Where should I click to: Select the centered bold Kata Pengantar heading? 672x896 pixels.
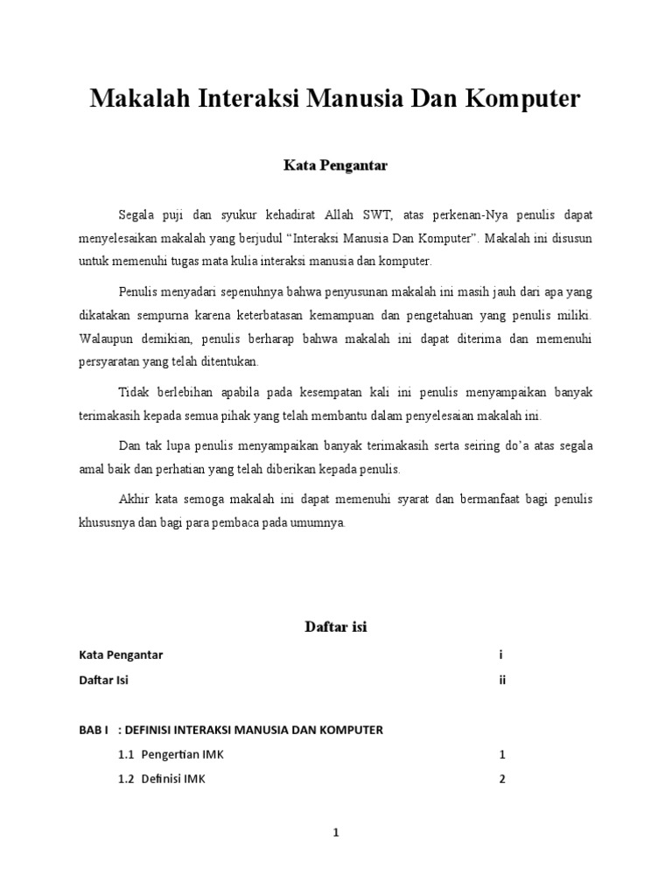[335, 164]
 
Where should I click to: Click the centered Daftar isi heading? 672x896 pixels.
[335, 626]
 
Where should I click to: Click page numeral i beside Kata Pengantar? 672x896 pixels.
[501, 654]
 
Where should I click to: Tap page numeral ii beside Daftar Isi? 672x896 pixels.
[503, 680]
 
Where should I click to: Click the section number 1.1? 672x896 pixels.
[126, 754]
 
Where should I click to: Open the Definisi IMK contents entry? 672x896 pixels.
[172, 780]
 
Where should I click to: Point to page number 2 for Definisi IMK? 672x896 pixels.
[502, 780]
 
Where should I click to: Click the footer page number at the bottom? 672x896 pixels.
[335, 834]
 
